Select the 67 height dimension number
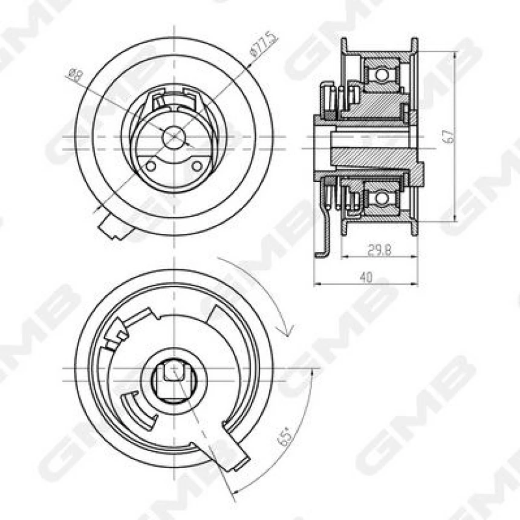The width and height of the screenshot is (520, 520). (447, 137)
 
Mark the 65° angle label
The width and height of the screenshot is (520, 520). (285, 436)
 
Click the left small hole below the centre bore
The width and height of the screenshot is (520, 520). (151, 166)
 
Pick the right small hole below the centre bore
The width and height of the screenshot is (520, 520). (197, 166)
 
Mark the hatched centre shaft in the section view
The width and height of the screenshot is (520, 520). (375, 156)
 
